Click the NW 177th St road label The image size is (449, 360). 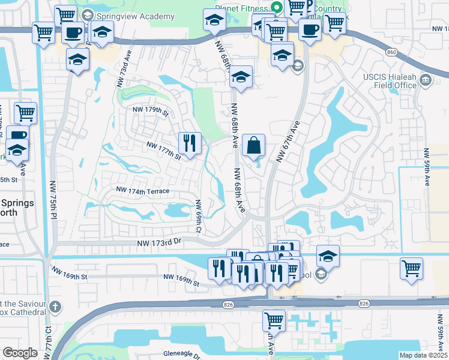[x=164, y=150]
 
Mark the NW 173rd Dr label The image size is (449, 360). [x=158, y=241]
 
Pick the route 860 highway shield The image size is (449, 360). [x=392, y=52]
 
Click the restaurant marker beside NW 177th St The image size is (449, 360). [x=190, y=143]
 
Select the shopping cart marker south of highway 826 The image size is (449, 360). [x=274, y=320]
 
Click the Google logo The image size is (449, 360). [x=20, y=353]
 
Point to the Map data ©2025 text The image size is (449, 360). [x=423, y=355]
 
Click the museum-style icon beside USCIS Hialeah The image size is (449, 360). [x=426, y=79]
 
